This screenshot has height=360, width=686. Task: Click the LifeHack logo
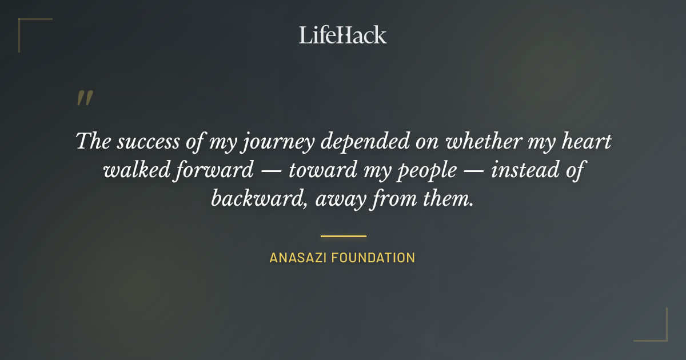(x=342, y=35)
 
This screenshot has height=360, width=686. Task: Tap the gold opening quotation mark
(x=84, y=98)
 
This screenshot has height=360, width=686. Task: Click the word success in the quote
(x=149, y=141)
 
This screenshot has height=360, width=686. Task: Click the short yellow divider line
(x=343, y=235)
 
